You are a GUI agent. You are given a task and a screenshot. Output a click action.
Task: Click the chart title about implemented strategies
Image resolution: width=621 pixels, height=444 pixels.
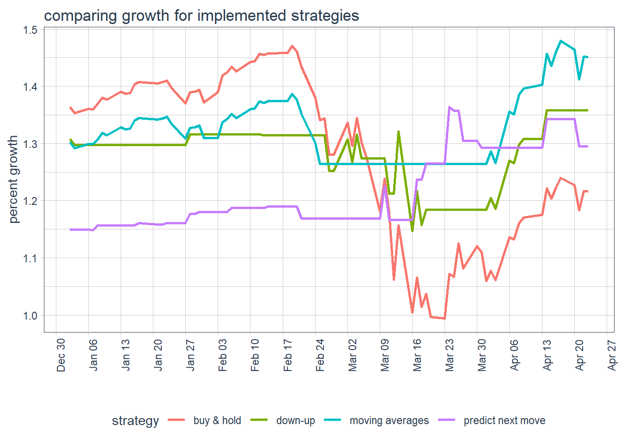tap(201, 16)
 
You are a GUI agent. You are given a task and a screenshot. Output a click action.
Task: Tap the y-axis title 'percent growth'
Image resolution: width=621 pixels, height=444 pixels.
tap(13, 179)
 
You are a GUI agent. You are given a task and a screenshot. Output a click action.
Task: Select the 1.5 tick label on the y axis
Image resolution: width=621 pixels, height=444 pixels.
tap(30, 30)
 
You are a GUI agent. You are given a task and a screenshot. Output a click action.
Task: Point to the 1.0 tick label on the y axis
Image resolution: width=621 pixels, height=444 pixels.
tap(30, 315)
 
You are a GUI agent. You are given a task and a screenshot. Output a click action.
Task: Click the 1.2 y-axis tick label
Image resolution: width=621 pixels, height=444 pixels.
tap(30, 201)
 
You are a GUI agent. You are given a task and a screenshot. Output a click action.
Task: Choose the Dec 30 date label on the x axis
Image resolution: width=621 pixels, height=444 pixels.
tap(61, 355)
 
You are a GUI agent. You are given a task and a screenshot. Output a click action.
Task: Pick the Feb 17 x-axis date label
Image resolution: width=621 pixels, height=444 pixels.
tap(288, 355)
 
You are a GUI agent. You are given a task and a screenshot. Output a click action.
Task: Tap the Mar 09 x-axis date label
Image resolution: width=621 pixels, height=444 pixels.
tap(385, 355)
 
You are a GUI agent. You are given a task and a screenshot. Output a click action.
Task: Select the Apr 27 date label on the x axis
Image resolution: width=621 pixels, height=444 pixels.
tap(612, 355)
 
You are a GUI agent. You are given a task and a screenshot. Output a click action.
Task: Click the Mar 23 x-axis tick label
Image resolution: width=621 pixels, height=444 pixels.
tap(450, 355)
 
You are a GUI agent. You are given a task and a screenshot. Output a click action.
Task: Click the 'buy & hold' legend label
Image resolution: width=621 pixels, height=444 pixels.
tap(217, 420)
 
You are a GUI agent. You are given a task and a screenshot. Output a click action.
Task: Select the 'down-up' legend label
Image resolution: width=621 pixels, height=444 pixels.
tap(296, 420)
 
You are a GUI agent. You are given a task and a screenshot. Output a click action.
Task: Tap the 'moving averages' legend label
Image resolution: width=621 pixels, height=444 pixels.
tap(389, 420)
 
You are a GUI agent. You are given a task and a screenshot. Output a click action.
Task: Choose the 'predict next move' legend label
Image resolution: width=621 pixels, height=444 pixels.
tap(505, 420)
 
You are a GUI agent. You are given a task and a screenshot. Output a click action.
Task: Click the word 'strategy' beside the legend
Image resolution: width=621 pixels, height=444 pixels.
tap(135, 420)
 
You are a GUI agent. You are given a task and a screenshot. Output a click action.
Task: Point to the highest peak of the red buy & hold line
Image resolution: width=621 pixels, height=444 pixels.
tap(292, 46)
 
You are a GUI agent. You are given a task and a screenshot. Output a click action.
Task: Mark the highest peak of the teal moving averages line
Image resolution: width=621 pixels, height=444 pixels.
tap(560, 41)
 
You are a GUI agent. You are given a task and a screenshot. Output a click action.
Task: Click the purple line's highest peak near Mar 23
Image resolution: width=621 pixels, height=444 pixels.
tap(450, 107)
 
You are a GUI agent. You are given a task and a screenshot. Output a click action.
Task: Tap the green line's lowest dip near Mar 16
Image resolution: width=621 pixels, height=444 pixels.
tap(413, 231)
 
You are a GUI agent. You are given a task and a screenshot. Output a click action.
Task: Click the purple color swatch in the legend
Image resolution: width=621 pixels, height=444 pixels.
tap(446, 420)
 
